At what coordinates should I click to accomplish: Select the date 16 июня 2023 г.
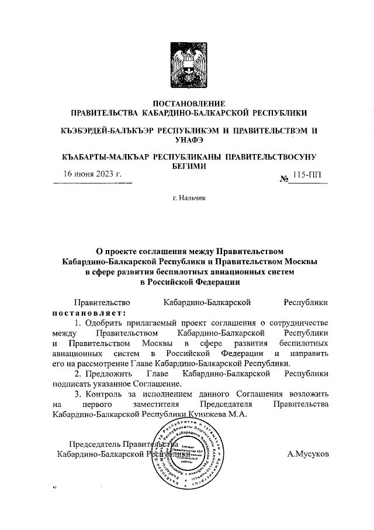coord(93,175)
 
